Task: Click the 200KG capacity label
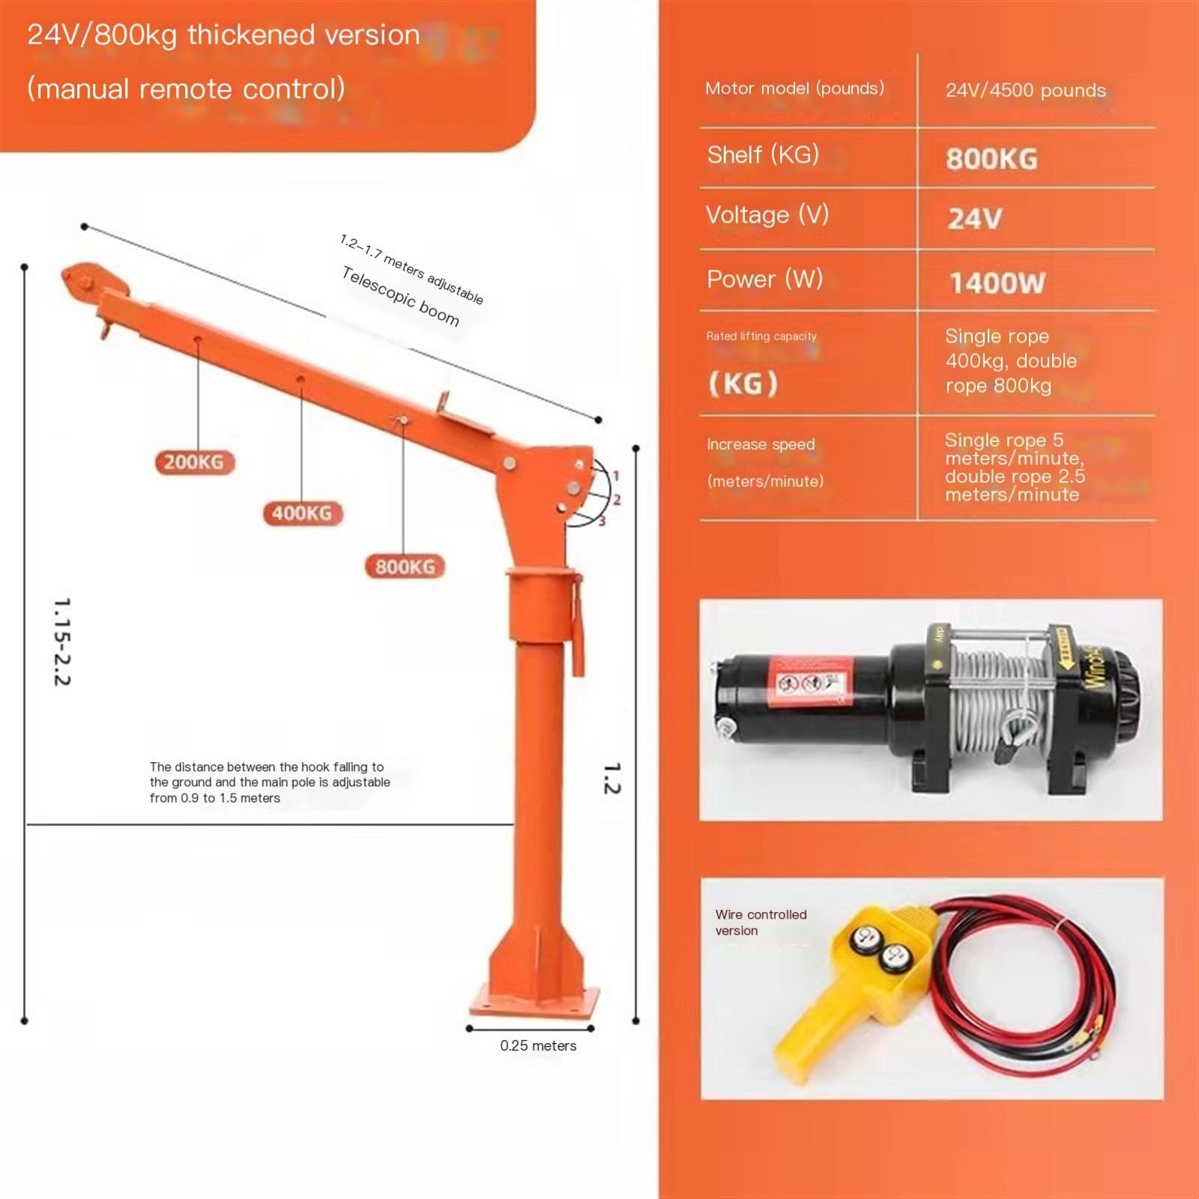194,462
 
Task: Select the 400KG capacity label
301,513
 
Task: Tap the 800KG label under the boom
405,567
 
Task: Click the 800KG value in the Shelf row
991,159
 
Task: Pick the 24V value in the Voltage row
974,219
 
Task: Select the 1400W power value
997,283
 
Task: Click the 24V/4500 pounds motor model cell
1025,91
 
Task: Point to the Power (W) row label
764,280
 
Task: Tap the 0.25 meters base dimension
538,1045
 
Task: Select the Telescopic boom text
400,297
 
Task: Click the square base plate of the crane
535,1000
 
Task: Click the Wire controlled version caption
760,922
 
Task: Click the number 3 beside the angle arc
602,521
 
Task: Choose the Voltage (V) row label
767,215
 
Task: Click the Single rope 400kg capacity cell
1010,361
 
